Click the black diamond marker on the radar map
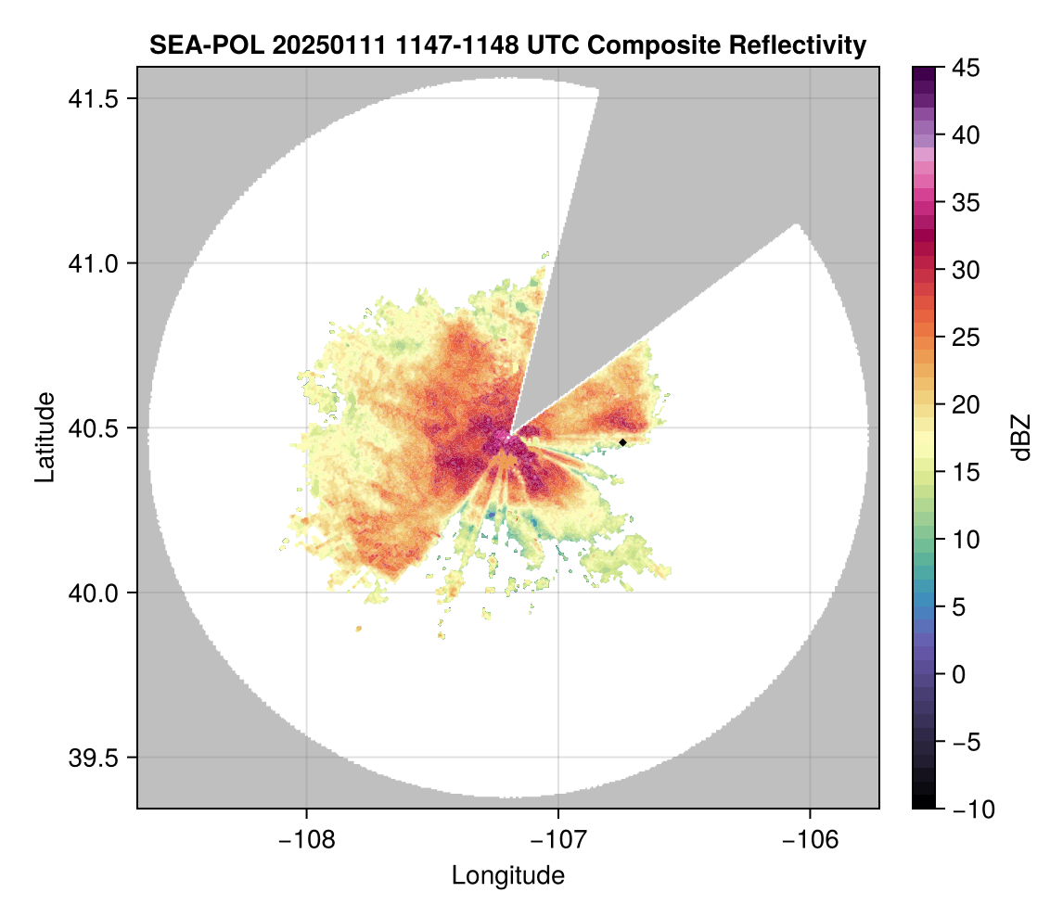(x=622, y=442)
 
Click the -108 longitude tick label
(x=306, y=839)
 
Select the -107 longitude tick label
(x=558, y=839)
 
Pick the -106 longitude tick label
(x=811, y=839)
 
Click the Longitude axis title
(x=507, y=875)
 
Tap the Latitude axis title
(x=45, y=437)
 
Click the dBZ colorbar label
(x=1021, y=438)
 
